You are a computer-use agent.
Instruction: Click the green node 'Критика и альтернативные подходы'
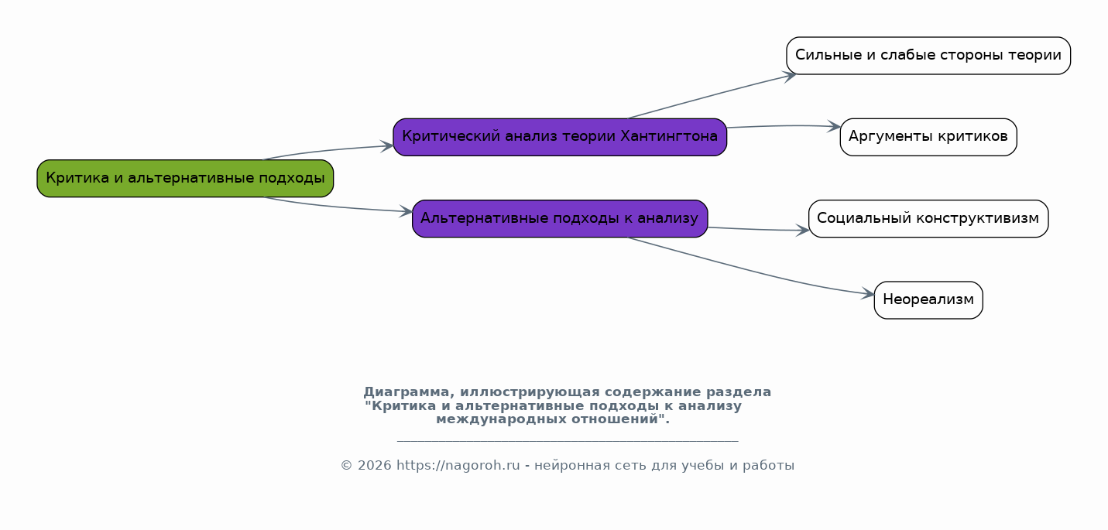tap(185, 179)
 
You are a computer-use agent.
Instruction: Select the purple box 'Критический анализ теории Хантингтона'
tap(559, 137)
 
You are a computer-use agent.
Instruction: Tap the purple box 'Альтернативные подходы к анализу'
tap(559, 219)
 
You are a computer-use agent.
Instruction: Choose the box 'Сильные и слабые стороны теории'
tap(928, 56)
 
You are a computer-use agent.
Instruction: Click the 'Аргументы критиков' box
tap(928, 137)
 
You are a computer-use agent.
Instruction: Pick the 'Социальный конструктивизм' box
tap(928, 219)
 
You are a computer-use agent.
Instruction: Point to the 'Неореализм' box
tap(928, 300)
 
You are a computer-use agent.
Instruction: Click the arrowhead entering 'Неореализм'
tap(868, 295)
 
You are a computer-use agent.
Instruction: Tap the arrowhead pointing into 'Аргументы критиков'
tap(835, 126)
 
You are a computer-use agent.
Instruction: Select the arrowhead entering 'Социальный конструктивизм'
tap(803, 231)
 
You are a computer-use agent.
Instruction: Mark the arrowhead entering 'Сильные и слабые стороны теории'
tap(790, 75)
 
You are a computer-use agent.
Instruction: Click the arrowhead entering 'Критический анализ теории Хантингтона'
tap(388, 145)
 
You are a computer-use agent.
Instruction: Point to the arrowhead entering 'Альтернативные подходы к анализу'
tap(406, 211)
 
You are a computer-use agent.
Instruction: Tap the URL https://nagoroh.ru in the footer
tap(458, 466)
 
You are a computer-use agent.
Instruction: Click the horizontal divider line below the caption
tap(567, 441)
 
